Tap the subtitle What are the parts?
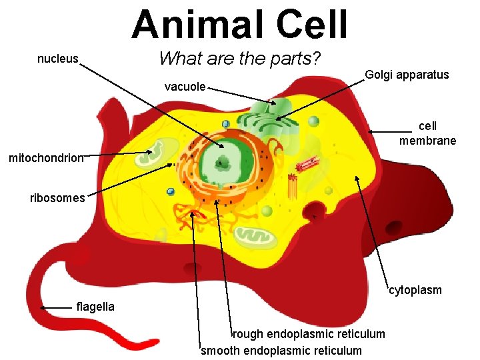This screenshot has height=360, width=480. click(x=240, y=59)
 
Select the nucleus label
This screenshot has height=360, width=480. click(x=58, y=59)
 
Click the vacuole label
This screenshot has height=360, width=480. click(x=185, y=86)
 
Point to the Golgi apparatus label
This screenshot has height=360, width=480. click(x=407, y=75)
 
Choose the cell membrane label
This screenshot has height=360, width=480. click(x=428, y=133)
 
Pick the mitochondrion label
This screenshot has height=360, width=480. click(x=46, y=158)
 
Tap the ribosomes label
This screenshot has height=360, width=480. click(x=57, y=197)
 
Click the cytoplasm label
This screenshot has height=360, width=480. click(x=415, y=290)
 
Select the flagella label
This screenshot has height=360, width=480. click(x=95, y=307)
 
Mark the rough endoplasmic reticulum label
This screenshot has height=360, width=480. click(x=309, y=333)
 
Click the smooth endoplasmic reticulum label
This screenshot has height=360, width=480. click(x=281, y=351)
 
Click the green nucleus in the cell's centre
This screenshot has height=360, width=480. click(x=223, y=161)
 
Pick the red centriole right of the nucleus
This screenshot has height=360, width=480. click(x=307, y=164)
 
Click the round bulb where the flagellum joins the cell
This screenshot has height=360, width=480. click(x=81, y=256)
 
